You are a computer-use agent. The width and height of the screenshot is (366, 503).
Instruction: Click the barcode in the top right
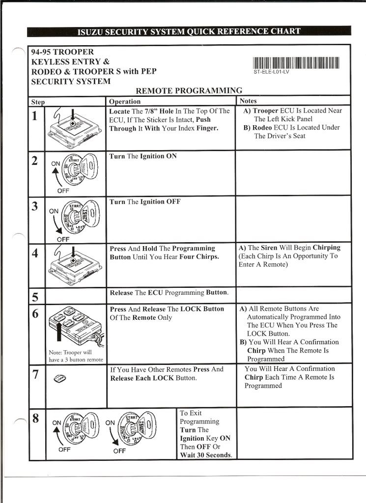click(296, 62)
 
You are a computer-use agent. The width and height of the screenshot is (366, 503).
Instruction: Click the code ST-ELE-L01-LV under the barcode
click(272, 72)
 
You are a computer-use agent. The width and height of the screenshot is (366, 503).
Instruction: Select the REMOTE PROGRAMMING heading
click(189, 90)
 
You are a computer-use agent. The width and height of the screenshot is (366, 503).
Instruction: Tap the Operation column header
click(125, 102)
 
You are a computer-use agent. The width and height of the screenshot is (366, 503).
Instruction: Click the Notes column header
click(248, 101)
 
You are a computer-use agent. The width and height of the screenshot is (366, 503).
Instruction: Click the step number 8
click(35, 418)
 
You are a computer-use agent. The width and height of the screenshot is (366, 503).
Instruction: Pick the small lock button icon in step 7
click(58, 378)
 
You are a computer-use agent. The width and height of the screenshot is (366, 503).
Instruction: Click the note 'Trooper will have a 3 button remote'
click(76, 356)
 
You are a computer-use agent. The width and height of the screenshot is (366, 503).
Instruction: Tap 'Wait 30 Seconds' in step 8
click(206, 455)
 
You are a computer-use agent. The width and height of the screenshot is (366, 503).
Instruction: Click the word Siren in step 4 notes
click(269, 248)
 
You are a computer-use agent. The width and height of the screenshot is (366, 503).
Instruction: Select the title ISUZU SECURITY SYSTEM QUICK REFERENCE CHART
click(189, 31)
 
